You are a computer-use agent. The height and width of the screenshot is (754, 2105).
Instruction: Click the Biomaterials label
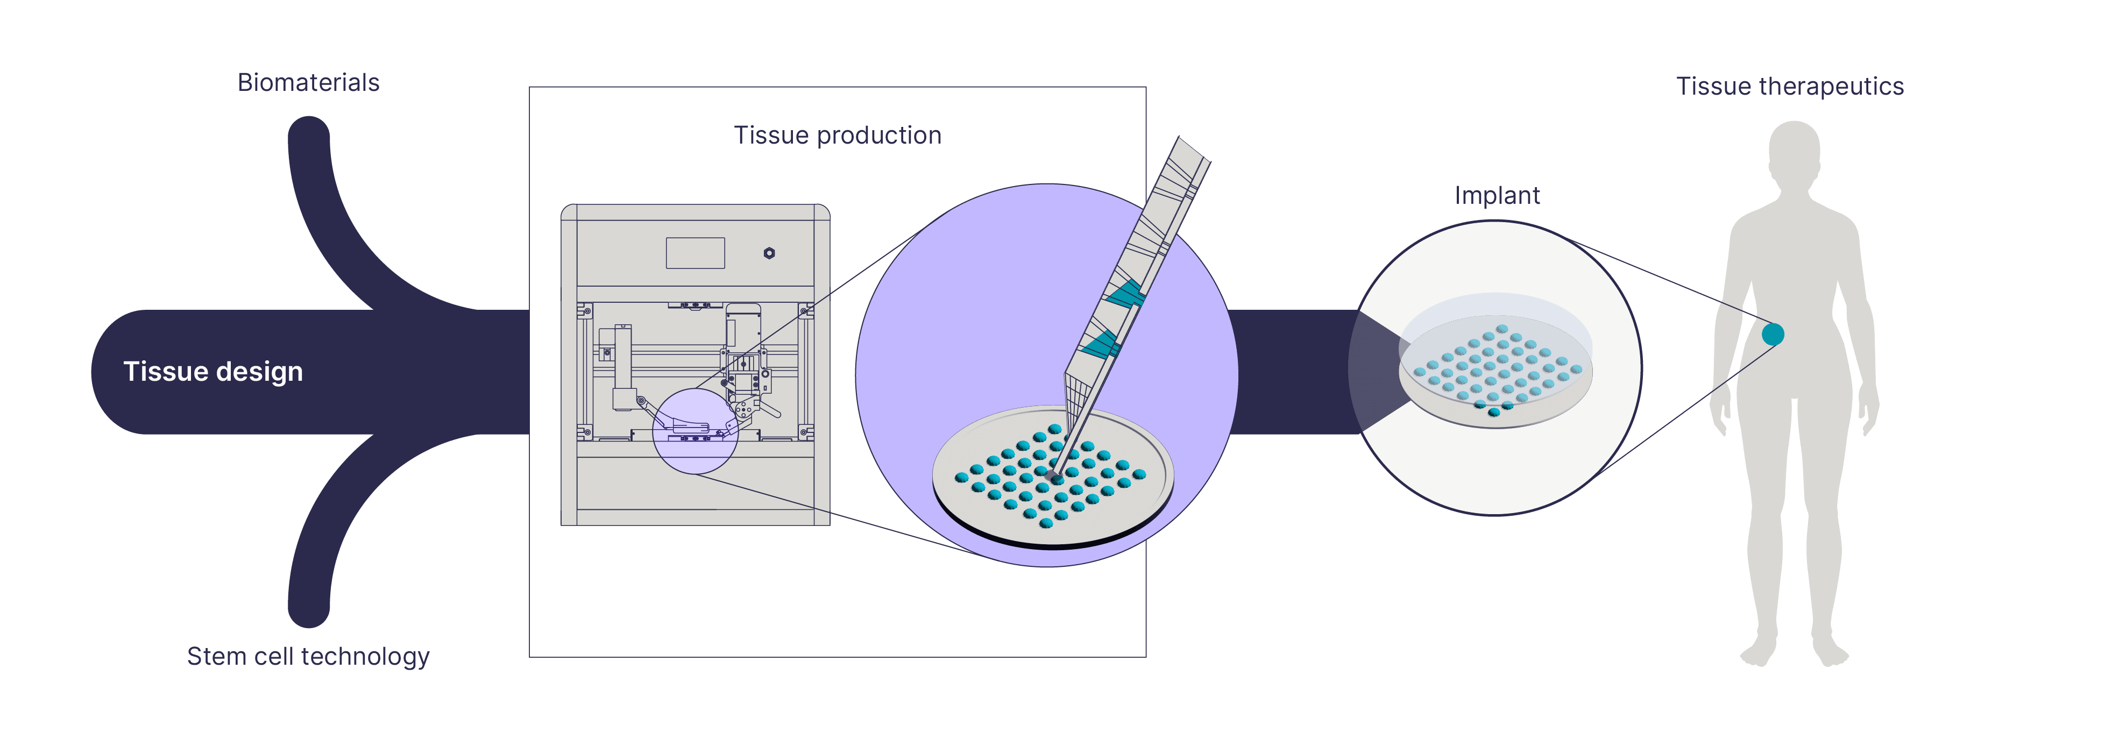coord(308,82)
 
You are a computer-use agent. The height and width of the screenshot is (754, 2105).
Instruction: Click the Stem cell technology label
coord(308,656)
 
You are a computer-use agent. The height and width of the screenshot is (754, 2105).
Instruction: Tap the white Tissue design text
coord(213,372)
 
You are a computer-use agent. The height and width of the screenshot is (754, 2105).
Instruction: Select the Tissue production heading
coord(838,135)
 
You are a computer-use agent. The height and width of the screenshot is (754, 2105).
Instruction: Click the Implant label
coord(1497,195)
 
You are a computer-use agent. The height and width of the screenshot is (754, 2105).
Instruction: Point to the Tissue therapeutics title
coord(1790,86)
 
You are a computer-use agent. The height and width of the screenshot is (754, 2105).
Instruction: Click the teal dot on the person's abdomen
coord(1773,334)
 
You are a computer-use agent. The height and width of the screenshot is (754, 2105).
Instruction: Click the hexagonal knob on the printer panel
coord(769,253)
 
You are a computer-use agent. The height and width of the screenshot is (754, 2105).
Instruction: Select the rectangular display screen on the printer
coord(696,253)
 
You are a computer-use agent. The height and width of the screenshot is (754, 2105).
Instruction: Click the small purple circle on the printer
coord(694,431)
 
